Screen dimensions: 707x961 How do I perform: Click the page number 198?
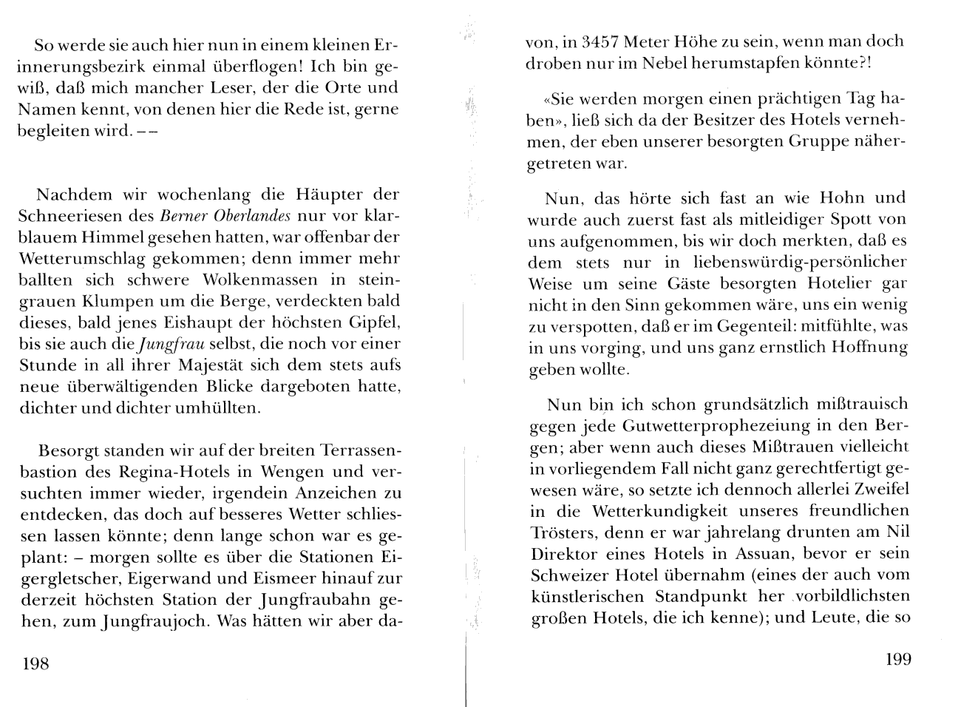coord(36,663)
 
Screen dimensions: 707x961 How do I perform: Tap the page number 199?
coord(898,659)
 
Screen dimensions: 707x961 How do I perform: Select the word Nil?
coord(896,532)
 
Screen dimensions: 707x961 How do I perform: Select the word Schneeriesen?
coord(85,216)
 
